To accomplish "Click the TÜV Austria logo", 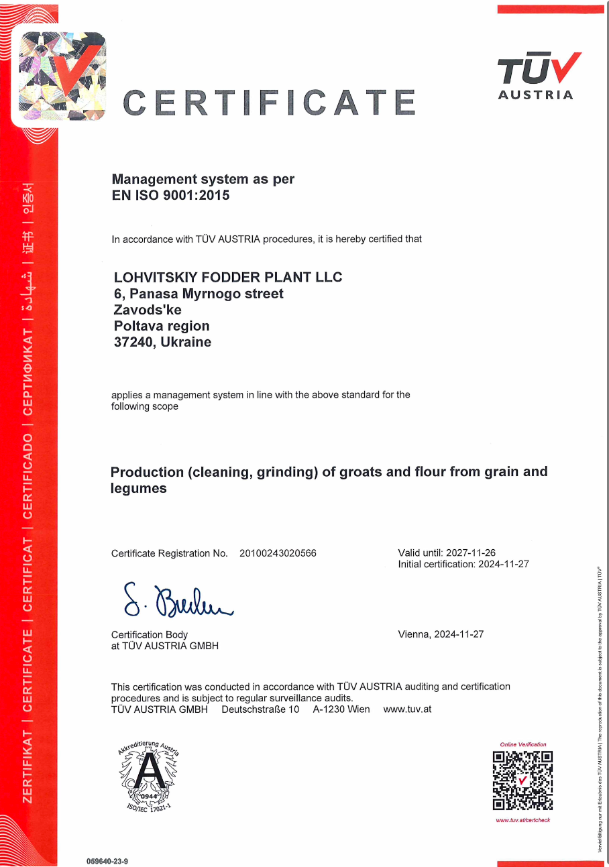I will tap(537, 76).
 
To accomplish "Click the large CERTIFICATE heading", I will tap(269, 103).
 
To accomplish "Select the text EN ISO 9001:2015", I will tap(170, 196).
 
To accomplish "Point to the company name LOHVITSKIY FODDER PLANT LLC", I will tap(228, 277).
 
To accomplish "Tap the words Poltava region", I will tap(162, 326).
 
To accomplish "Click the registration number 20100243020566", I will tap(278, 553).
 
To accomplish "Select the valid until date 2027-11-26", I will tap(471, 553).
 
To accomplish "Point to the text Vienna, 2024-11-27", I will tap(441, 634).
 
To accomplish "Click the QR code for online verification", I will tap(522, 781).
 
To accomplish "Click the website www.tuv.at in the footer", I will tap(407, 709).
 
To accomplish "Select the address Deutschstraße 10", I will tap(260, 709).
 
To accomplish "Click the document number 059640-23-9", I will tap(107, 860).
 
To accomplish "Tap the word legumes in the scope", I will tap(139, 488).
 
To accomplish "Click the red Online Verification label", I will tap(523, 744).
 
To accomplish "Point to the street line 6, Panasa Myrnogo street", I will tap(199, 294).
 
